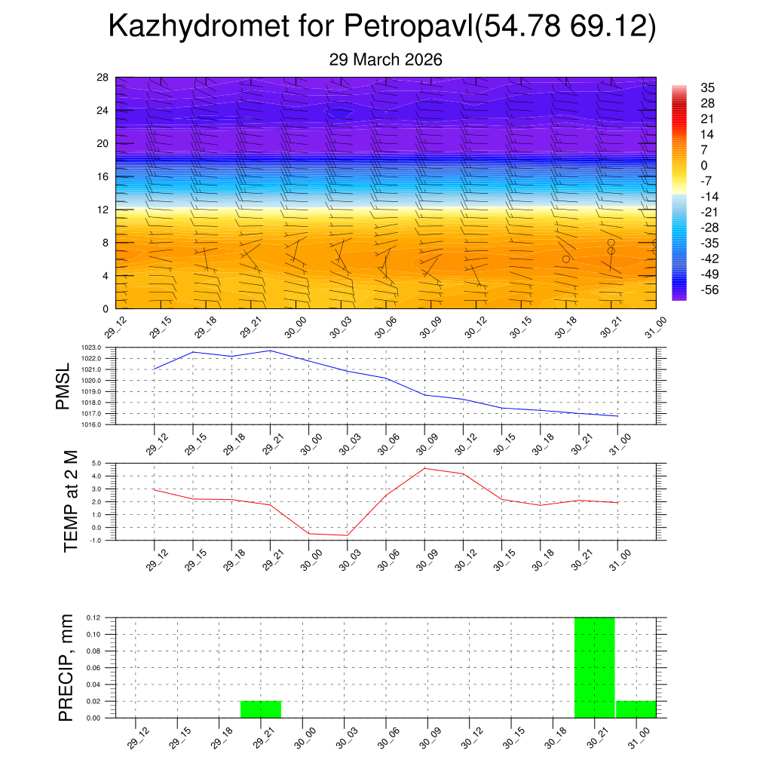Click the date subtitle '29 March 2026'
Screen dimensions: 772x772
point(385,60)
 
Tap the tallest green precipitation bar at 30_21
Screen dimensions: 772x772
point(595,667)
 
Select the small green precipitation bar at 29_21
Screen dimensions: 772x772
point(261,709)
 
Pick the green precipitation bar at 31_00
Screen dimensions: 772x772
point(636,709)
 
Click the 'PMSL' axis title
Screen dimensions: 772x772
point(64,386)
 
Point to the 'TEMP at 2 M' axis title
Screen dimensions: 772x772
point(71,502)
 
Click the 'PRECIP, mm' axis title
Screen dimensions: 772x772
point(66,667)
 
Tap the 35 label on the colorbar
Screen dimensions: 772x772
point(707,87)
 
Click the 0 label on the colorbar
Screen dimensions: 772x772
point(704,165)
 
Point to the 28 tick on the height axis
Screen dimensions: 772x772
point(103,78)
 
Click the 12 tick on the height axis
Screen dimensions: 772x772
point(103,210)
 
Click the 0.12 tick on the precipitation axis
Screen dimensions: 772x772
point(94,617)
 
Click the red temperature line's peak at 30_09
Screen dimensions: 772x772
point(424,468)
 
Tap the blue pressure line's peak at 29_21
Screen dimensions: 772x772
point(270,351)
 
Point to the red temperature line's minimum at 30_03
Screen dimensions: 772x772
point(347,535)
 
